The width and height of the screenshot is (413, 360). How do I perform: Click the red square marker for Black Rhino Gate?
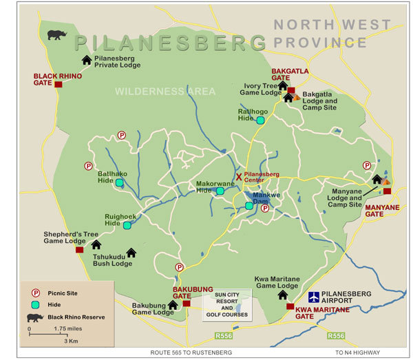[x=59, y=84]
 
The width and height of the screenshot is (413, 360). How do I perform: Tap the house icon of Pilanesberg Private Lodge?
[x=87, y=60]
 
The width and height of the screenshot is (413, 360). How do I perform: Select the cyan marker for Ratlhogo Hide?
[x=261, y=120]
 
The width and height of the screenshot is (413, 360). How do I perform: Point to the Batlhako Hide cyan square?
[x=119, y=182]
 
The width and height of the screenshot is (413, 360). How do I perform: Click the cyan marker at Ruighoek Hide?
[x=127, y=225]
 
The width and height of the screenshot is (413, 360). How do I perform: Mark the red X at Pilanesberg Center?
[x=240, y=177]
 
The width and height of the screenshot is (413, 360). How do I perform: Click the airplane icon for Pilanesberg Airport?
[x=314, y=297]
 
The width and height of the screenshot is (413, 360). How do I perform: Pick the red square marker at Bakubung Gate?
[x=186, y=304]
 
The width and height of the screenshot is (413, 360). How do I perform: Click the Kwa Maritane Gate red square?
[x=290, y=307]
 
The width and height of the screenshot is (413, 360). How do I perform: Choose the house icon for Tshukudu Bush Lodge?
[x=131, y=253]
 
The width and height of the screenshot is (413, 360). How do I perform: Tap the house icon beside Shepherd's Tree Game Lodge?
[x=96, y=244]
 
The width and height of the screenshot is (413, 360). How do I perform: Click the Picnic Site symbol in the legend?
[x=34, y=293]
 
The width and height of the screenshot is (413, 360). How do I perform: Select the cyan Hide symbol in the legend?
[x=34, y=304]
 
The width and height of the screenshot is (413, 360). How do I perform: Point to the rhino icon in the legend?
[x=34, y=317]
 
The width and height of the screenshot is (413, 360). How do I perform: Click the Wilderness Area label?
[x=165, y=91]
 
